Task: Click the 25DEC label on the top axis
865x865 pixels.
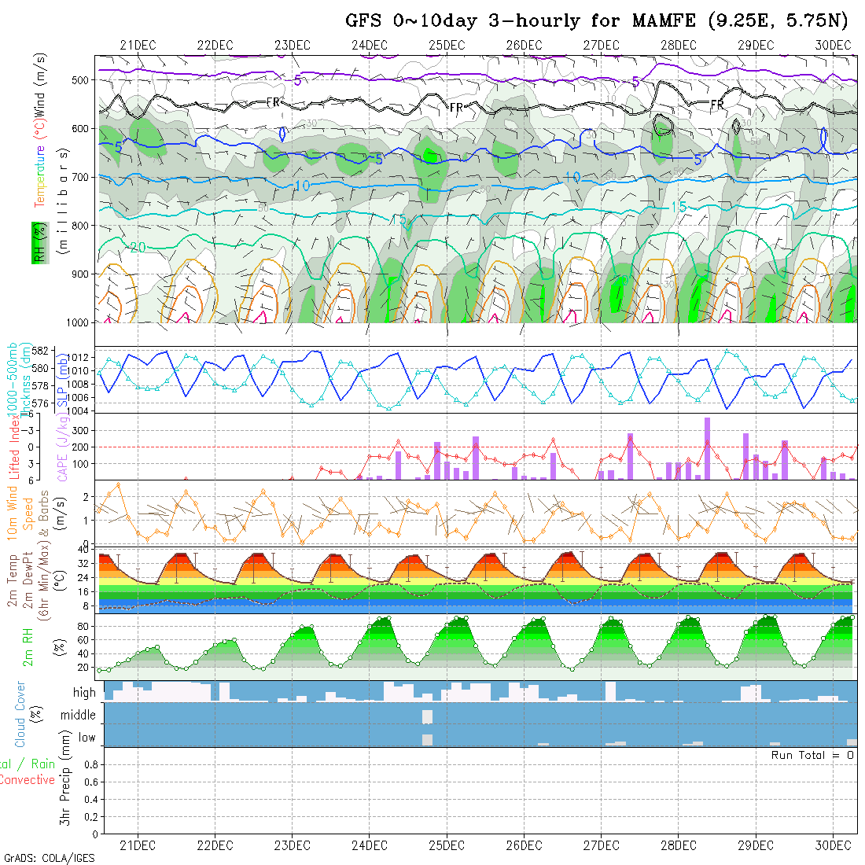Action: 447,45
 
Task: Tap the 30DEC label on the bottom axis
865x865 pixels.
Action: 834,845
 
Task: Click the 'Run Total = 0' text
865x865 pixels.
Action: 812,755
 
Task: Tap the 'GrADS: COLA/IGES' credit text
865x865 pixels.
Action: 49,858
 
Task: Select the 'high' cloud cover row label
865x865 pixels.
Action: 84,693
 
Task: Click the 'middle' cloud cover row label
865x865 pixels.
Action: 79,716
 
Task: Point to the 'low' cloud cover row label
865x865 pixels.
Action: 86,738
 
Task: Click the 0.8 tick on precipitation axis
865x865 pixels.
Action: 90,764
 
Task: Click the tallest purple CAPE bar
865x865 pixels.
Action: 707,448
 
